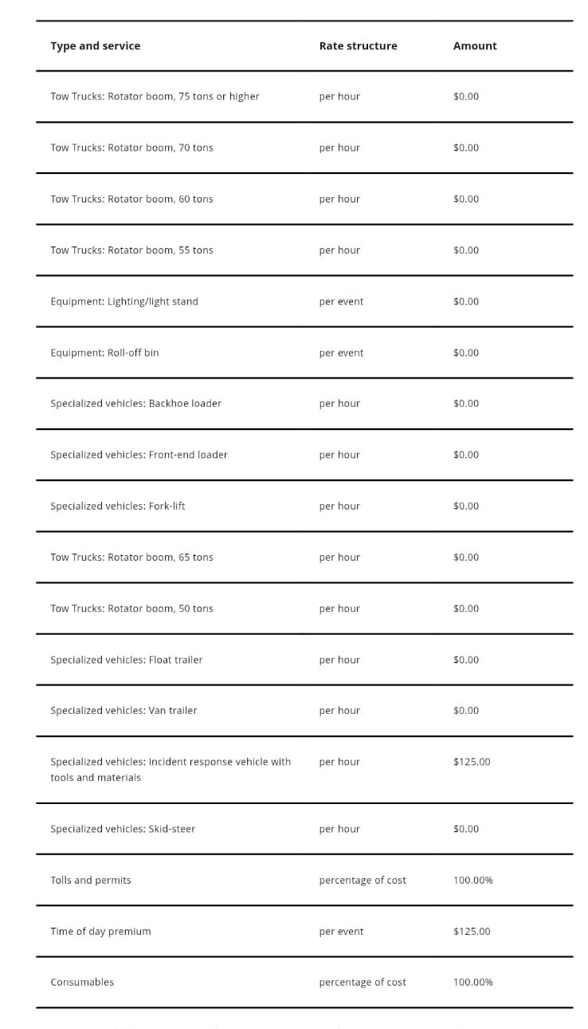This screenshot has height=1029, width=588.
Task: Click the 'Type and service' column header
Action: point(95,46)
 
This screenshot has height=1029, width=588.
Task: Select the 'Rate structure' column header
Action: point(358,46)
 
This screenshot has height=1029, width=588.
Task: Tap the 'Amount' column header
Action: point(475,46)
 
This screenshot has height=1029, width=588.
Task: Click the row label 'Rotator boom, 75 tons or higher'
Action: point(155,97)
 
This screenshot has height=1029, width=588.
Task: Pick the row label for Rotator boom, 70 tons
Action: point(131,148)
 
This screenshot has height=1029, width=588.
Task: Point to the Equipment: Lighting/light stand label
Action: point(124,302)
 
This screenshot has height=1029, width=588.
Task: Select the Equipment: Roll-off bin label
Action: point(104,353)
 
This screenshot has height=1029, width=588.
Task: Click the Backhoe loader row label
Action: point(136,404)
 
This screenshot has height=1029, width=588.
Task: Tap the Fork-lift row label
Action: point(118,506)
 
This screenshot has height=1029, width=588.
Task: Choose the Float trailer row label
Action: point(127,660)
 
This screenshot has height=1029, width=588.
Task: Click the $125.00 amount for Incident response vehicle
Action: point(472,762)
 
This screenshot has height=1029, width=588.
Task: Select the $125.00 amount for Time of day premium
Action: point(472,931)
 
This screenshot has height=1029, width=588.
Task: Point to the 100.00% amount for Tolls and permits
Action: point(473,880)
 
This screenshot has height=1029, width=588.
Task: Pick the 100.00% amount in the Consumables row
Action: point(473,982)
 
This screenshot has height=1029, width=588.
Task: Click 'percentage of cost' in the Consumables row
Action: point(363,982)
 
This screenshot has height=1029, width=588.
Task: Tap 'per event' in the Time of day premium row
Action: point(341,931)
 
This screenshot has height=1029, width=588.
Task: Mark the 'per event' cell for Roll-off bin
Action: point(341,353)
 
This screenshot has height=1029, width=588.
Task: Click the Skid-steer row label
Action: point(123,829)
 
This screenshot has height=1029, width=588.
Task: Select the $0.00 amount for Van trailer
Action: point(466,711)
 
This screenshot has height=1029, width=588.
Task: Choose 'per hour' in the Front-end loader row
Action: point(339,455)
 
